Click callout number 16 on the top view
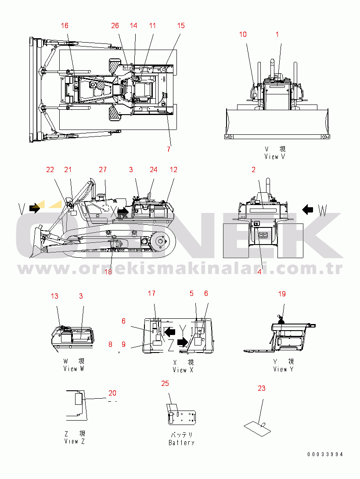(x=65, y=26)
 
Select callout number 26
(x=115, y=26)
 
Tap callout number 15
(x=181, y=26)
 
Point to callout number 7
(x=169, y=149)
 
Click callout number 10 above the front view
(x=243, y=35)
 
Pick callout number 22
(x=50, y=170)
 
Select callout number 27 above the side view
(x=103, y=170)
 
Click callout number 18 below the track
(x=108, y=272)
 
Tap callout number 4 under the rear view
(x=259, y=272)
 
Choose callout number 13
(x=54, y=296)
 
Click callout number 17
(x=151, y=293)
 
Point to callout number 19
(x=282, y=294)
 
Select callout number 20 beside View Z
(x=112, y=393)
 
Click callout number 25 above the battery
(x=165, y=384)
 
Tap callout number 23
(x=262, y=389)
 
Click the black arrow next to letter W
(x=308, y=210)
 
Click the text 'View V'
(x=275, y=157)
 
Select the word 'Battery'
(x=181, y=443)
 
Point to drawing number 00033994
(x=325, y=454)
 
